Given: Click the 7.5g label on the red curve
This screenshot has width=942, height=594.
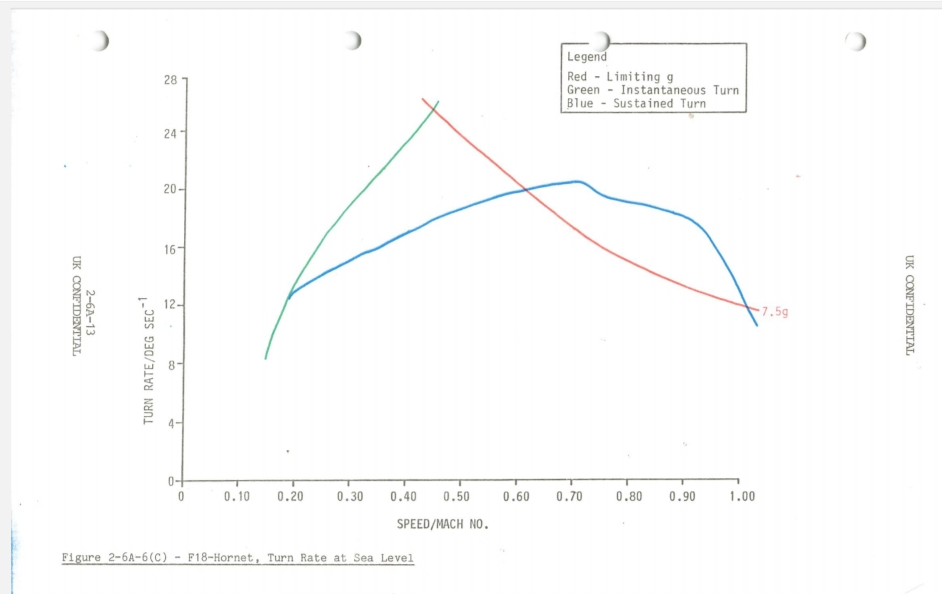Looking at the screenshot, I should [x=775, y=312].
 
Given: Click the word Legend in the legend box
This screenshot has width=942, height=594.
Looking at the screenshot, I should [x=587, y=57].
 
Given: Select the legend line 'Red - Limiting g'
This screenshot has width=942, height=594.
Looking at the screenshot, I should [x=620, y=77].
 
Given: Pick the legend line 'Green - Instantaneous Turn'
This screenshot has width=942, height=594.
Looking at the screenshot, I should [x=653, y=90].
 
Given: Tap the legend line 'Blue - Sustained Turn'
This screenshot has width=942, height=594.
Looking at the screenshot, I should [x=636, y=103].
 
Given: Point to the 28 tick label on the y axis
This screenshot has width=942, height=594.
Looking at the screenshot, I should [x=171, y=80].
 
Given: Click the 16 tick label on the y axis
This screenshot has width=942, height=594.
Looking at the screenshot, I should [x=171, y=249].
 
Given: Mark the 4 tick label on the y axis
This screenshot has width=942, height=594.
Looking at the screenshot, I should [x=172, y=423].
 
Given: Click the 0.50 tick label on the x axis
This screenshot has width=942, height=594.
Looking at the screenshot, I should [x=457, y=497].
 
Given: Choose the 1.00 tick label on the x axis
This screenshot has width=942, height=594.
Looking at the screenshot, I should [x=742, y=497].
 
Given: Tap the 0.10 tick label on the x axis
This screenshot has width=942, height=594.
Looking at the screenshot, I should [x=237, y=497].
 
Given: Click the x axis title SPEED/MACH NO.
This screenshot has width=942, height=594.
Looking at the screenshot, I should [x=443, y=525].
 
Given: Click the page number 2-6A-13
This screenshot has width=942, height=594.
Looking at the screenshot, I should [x=90, y=312].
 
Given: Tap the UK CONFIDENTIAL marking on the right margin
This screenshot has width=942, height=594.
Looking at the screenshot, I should [x=909, y=305].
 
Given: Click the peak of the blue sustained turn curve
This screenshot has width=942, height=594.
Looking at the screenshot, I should [x=577, y=181].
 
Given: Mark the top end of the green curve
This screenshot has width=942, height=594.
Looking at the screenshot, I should [x=438, y=101].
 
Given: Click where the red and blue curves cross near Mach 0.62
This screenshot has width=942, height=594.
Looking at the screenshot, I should [x=526, y=190].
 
